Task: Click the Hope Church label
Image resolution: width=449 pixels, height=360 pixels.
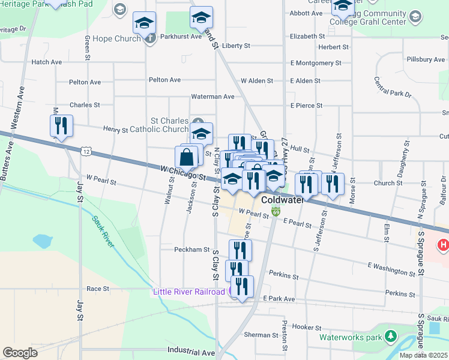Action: click(118, 38)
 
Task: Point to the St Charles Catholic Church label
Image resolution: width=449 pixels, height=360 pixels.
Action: click(160, 124)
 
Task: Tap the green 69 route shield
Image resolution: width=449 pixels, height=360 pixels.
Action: click(276, 212)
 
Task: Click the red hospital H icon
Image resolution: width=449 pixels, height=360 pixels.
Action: click(444, 245)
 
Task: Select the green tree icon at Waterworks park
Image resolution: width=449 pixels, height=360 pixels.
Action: click(391, 335)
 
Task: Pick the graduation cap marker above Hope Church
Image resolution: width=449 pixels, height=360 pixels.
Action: click(144, 23)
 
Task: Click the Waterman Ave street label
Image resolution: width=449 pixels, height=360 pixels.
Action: click(212, 96)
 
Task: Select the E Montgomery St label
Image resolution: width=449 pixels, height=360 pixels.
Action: click(316, 62)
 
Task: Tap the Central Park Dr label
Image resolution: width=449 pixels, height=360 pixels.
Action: click(393, 88)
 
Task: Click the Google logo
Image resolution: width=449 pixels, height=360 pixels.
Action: click(20, 353)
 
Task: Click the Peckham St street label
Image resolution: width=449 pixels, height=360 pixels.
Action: click(191, 250)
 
